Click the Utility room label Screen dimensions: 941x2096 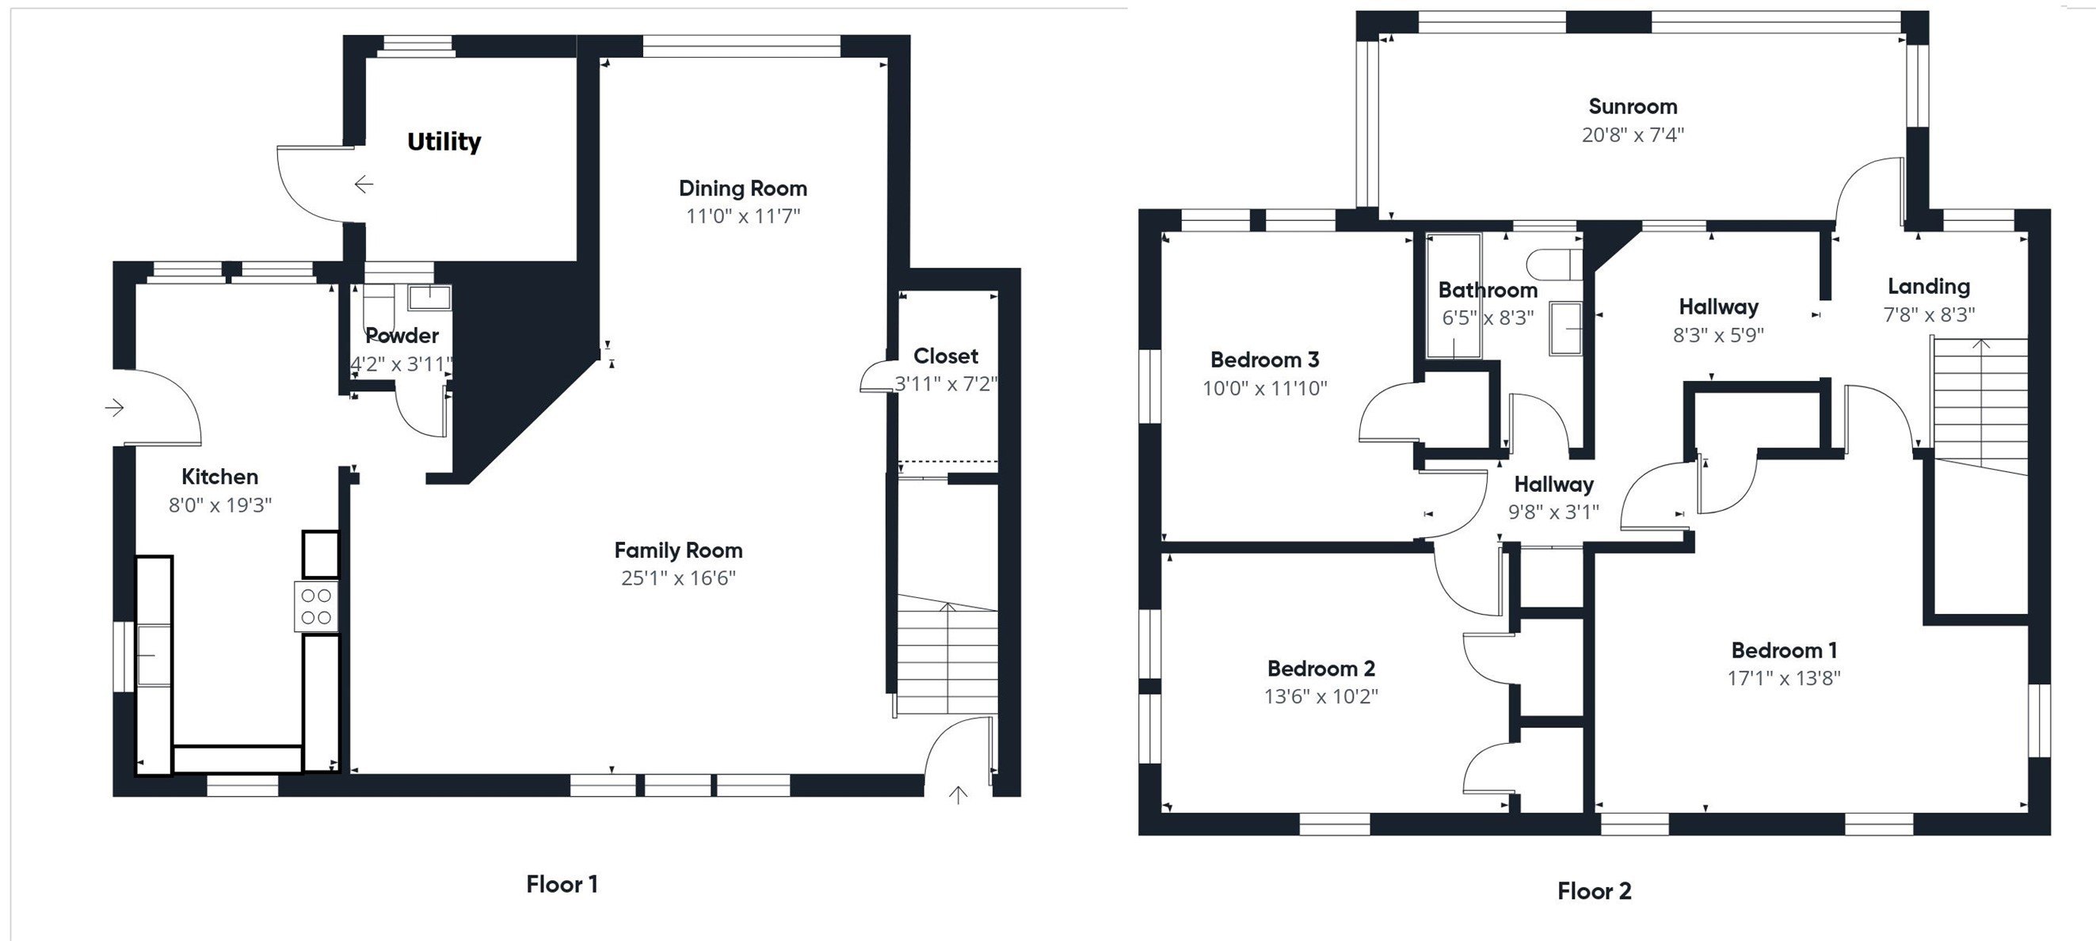click(x=444, y=142)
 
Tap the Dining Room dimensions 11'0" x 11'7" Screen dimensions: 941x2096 click(x=743, y=216)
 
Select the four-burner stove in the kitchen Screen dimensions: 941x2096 click(x=316, y=607)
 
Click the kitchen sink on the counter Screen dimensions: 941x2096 click(x=152, y=655)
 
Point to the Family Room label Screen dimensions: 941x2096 click(x=678, y=551)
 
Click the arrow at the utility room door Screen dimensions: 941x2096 click(x=364, y=185)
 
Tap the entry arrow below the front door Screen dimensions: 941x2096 click(x=958, y=794)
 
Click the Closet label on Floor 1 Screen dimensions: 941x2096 click(x=946, y=356)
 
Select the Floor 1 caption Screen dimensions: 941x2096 click(x=562, y=884)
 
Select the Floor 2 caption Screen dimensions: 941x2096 click(x=1594, y=890)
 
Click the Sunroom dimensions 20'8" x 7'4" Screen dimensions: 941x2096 click(x=1633, y=135)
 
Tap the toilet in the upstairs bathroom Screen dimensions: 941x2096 click(x=1553, y=265)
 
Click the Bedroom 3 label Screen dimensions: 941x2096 click(x=1264, y=360)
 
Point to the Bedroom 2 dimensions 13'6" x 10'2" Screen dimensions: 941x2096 click(x=1320, y=696)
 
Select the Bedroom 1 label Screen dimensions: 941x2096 click(x=1784, y=650)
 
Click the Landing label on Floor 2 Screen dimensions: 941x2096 click(x=1928, y=286)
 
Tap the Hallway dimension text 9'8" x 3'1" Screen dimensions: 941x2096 click(x=1553, y=512)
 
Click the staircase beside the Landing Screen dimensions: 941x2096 click(x=1980, y=406)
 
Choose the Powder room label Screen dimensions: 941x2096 click(x=402, y=336)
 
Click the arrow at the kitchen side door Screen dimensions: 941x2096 click(x=115, y=406)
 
